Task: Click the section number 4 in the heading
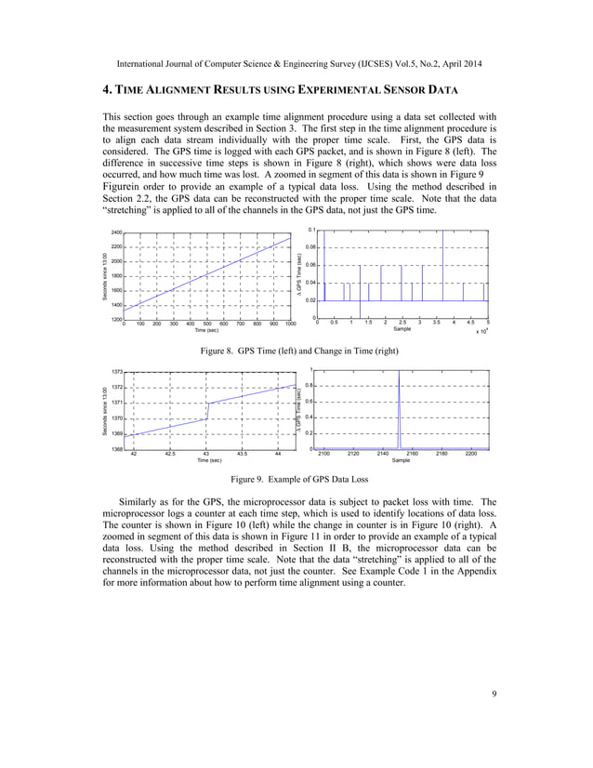[105, 89]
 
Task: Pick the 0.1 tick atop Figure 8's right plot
[311, 229]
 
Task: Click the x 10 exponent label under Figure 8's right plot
[481, 331]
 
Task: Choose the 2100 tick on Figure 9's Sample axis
[323, 455]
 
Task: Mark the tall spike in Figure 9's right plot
[399, 409]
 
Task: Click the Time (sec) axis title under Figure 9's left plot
[210, 460]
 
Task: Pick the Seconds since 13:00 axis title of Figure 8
[105, 276]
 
